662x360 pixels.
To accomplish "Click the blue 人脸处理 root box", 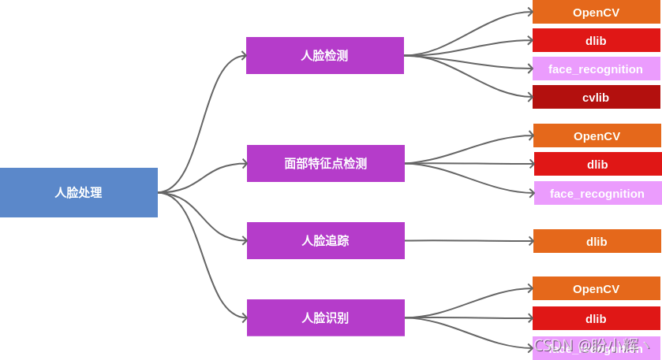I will pos(78,192).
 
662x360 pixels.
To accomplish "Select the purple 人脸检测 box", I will pos(324,55).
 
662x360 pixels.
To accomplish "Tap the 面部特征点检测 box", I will pos(325,163).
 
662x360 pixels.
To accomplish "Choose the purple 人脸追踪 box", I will pos(325,240).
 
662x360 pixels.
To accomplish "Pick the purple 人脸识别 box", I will pos(325,317).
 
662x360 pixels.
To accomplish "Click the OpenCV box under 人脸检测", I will pos(596,12).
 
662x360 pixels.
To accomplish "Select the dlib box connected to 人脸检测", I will pos(596,40).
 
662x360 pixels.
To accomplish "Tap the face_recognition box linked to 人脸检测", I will pos(596,69).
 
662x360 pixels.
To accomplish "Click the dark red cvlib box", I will pos(596,97).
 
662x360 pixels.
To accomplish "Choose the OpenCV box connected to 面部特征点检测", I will pos(597,135).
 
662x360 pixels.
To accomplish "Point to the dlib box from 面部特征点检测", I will pos(597,164).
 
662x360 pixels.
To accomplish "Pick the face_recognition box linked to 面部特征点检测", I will pos(597,193).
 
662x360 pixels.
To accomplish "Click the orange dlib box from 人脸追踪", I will pos(597,241).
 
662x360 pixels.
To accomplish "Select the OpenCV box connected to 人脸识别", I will pos(596,288).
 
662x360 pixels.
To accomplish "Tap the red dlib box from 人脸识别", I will pos(596,318).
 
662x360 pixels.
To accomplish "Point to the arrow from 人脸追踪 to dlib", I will pos(469,240).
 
